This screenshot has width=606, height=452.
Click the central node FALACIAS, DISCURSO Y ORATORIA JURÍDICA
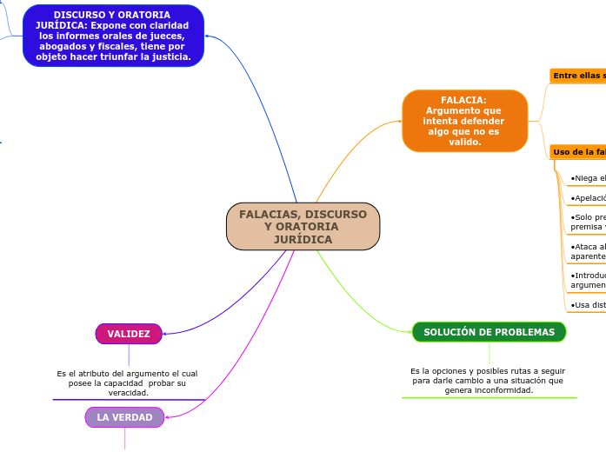pyautogui.click(x=303, y=226)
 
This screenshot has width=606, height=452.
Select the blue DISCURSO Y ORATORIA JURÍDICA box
pyautogui.click(x=113, y=36)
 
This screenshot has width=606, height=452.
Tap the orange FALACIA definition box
pyautogui.click(x=464, y=121)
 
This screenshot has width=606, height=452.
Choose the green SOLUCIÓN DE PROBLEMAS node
pyautogui.click(x=489, y=332)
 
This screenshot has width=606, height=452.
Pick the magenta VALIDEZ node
pyautogui.click(x=129, y=334)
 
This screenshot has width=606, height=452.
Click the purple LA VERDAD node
pyautogui.click(x=124, y=417)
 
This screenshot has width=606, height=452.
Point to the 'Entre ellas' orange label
pyautogui.click(x=578, y=76)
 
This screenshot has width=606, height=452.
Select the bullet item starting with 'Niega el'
pyautogui.click(x=588, y=178)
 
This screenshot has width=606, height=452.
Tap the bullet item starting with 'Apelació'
pyautogui.click(x=588, y=198)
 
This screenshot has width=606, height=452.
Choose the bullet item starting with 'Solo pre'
pyautogui.click(x=588, y=222)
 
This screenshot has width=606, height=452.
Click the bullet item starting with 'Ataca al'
pyautogui.click(x=588, y=251)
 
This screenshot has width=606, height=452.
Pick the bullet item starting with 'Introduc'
pyautogui.click(x=588, y=280)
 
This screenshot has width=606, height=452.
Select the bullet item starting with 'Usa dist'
pyautogui.click(x=588, y=305)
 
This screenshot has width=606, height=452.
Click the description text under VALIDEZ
pyautogui.click(x=127, y=382)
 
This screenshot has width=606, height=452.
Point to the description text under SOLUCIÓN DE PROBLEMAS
pyautogui.click(x=489, y=380)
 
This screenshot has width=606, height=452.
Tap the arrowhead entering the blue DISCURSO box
pyautogui.click(x=209, y=37)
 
